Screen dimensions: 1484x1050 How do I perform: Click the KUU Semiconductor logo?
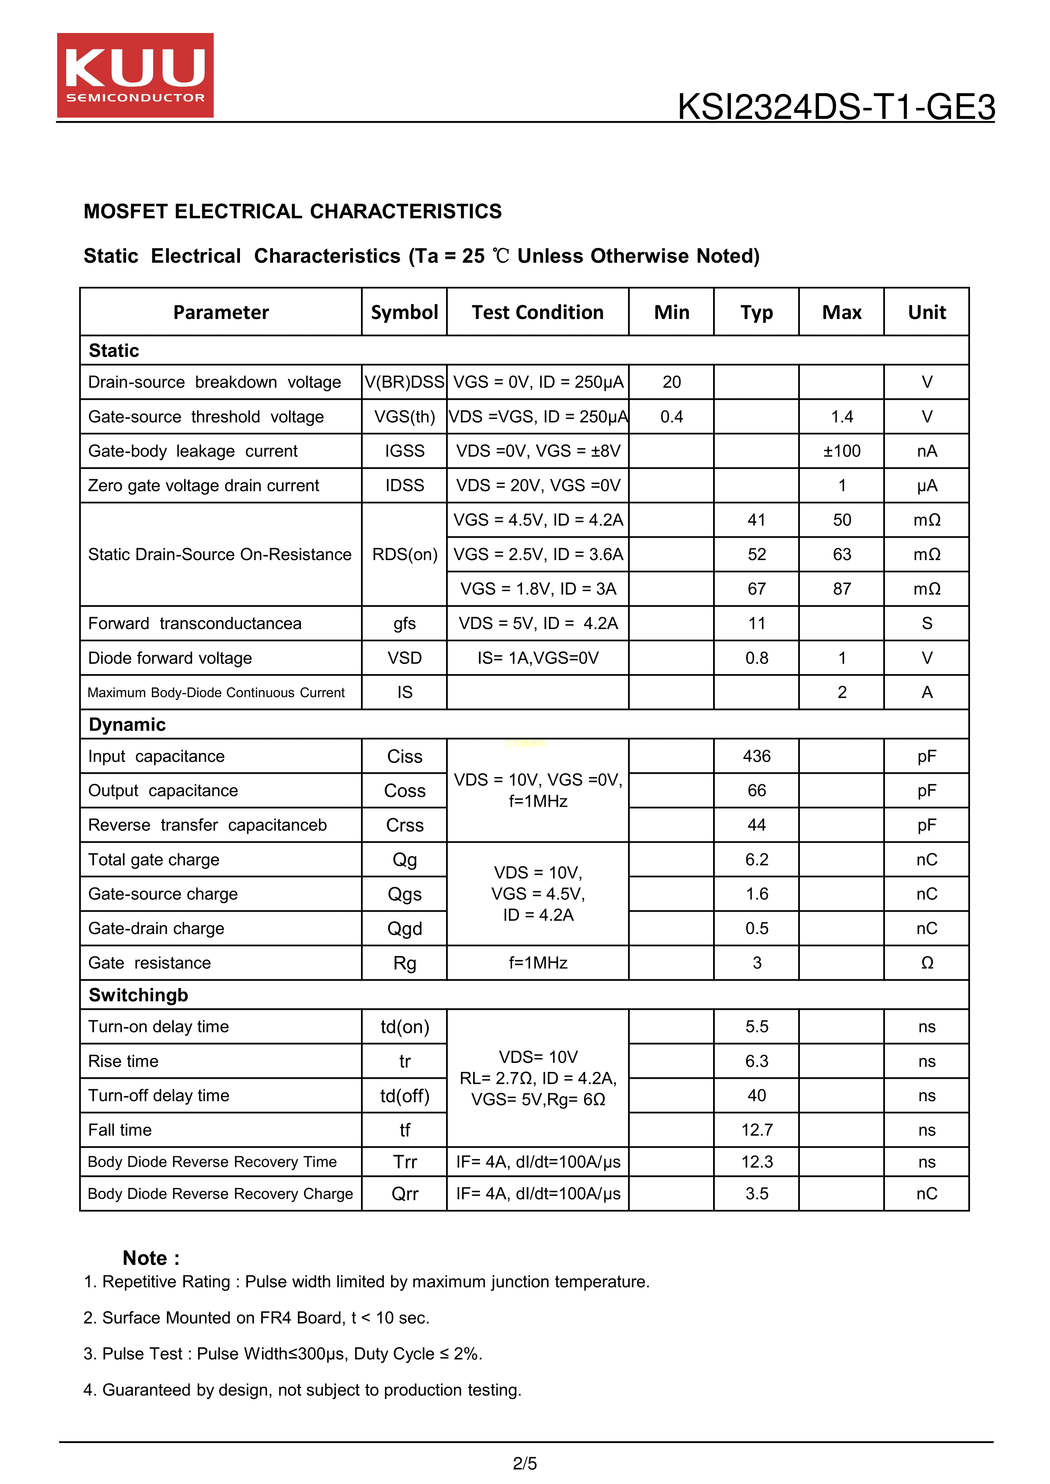tap(135, 75)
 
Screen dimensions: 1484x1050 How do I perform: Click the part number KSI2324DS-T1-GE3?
tap(835, 107)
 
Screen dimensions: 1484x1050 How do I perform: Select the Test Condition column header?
tap(537, 312)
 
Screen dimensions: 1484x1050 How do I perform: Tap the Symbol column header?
tap(404, 312)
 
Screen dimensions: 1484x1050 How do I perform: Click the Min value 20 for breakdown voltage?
tap(671, 382)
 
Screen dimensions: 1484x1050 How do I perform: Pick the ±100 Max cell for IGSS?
tap(841, 451)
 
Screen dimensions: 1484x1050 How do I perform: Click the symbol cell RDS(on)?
tap(404, 555)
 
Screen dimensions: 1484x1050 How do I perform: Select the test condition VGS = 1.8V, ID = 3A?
tap(537, 589)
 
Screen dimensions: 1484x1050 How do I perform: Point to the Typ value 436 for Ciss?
tap(756, 756)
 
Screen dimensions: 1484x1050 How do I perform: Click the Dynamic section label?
tap(127, 725)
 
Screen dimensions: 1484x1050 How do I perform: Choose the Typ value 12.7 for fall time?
tap(756, 1130)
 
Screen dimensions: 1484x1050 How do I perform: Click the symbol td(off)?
tap(404, 1096)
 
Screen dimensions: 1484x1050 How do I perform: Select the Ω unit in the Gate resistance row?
tap(926, 963)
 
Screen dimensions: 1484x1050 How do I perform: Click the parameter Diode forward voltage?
tap(170, 658)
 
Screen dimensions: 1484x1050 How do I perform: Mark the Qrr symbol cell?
tap(404, 1194)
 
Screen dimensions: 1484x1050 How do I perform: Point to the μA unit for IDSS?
tap(926, 485)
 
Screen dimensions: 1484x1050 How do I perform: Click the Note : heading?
tap(151, 1258)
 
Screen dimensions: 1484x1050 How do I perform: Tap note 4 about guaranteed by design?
tap(303, 1390)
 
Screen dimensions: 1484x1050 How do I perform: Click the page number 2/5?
tap(524, 1463)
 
